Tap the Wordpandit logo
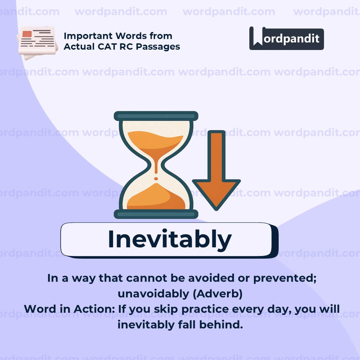286,39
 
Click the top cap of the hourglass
156,116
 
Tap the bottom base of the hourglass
156,214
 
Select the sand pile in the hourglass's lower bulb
156,198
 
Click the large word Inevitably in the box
169,239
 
